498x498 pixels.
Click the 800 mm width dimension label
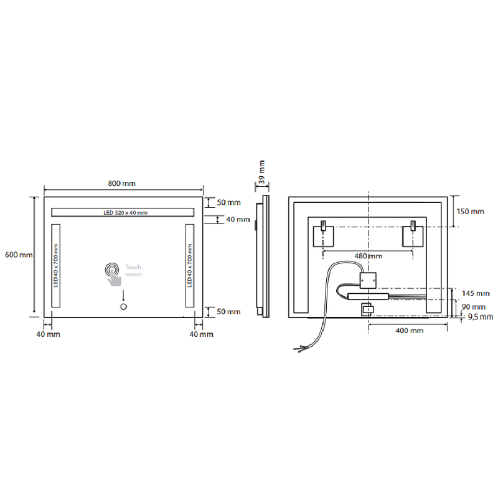(121, 183)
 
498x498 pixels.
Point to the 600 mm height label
(19, 255)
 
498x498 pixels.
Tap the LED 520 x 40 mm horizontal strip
(123, 212)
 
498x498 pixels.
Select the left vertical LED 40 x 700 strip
(55, 266)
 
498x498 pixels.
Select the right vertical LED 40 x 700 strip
(190, 266)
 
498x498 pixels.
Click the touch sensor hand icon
(113, 275)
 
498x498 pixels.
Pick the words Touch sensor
(133, 271)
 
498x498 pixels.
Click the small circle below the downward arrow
(123, 306)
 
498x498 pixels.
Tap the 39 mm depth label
(261, 172)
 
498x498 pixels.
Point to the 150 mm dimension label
(471, 211)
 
